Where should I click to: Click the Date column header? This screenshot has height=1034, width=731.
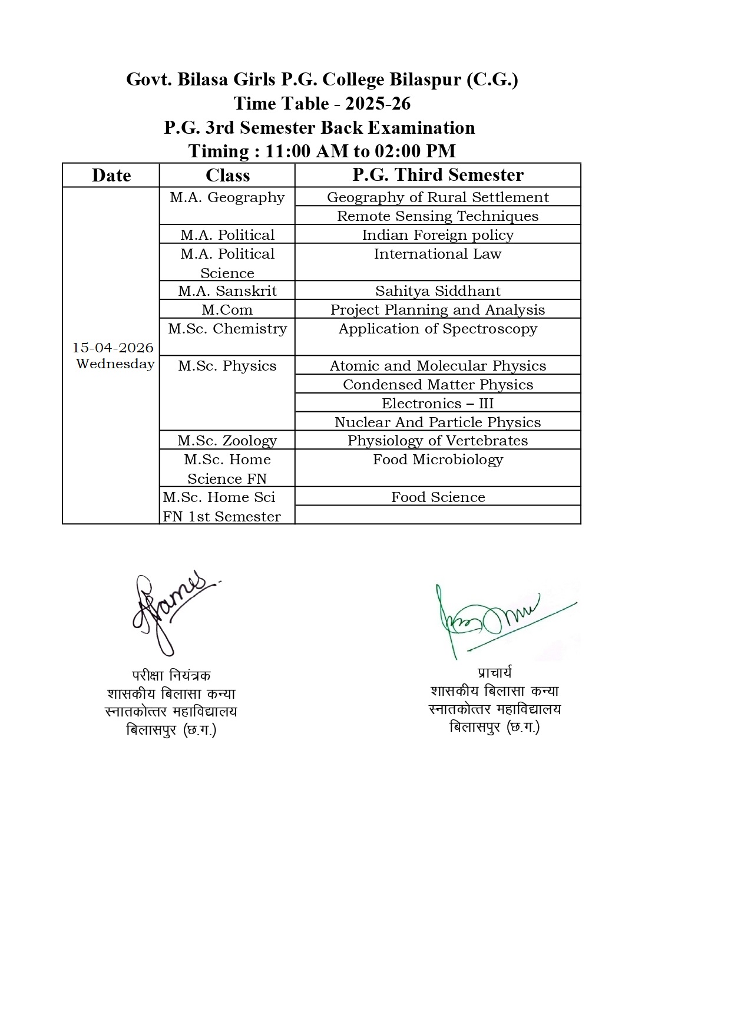coord(111,176)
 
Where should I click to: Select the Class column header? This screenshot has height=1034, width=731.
coord(227,176)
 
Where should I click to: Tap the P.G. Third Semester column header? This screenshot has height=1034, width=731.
coord(438,175)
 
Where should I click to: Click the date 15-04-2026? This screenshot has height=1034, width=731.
coord(113,348)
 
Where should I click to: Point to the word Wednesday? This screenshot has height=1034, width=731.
coord(115,364)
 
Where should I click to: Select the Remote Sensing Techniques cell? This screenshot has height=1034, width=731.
coord(438,216)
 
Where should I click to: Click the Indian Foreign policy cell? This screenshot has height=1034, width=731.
coord(438,235)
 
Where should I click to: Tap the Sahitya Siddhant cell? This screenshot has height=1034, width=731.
coord(438,291)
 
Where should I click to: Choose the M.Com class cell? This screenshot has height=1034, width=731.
coord(227,310)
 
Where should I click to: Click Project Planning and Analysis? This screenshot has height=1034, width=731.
coord(438,310)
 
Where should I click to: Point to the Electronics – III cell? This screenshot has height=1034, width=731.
coord(438,404)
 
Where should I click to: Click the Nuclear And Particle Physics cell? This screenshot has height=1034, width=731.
coord(438,422)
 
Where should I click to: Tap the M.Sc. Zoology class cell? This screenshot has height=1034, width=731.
coord(227,441)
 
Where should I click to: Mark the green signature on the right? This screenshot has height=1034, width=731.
coord(501,619)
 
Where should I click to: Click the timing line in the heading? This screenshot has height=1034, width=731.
coord(322,151)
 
